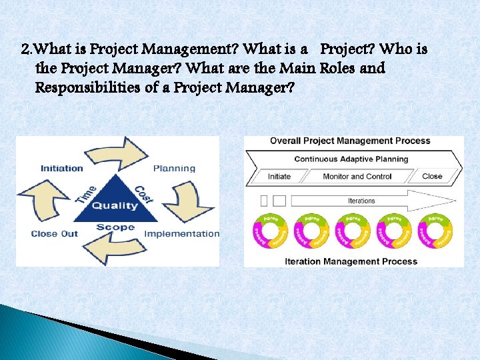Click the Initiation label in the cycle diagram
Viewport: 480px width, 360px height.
(x=61, y=168)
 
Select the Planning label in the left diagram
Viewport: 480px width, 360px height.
(x=175, y=168)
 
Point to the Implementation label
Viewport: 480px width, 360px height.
(x=181, y=233)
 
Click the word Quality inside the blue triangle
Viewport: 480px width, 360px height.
(x=115, y=206)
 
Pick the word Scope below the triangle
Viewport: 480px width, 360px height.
(x=115, y=227)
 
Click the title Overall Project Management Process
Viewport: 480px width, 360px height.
(x=349, y=141)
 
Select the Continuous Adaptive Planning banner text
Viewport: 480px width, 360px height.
(x=351, y=159)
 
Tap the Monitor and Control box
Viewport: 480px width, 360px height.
(x=357, y=177)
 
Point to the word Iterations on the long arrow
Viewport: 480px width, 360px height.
(x=361, y=201)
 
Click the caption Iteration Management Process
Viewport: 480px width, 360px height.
(x=351, y=261)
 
